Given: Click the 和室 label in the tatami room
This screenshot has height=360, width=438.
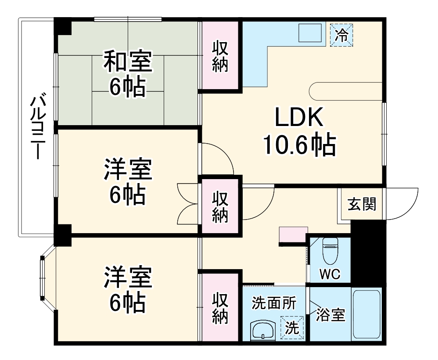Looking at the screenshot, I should click(x=128, y=62).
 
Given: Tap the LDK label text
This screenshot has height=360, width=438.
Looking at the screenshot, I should click(x=299, y=118).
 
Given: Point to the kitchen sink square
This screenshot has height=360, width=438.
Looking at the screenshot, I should click(x=310, y=34).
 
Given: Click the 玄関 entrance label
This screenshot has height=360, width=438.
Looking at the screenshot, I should click(x=362, y=204).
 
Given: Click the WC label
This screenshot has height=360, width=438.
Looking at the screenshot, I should click(x=330, y=275).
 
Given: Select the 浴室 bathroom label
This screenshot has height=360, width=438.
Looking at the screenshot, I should click(x=330, y=315).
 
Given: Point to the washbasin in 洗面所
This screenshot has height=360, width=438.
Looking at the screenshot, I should click(x=263, y=330).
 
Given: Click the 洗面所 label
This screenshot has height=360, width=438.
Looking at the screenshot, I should click(x=274, y=303).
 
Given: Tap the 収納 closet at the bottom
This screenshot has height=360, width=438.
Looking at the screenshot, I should click(x=220, y=308).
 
